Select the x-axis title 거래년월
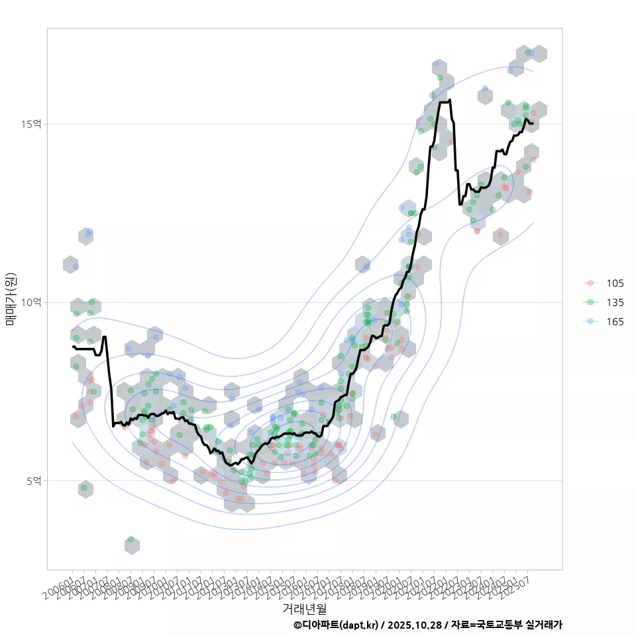(x=304, y=608)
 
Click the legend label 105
(x=615, y=283)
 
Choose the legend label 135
(x=615, y=302)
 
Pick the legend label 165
(x=615, y=321)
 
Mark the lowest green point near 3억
(x=131, y=540)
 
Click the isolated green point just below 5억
(x=84, y=488)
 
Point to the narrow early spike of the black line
(x=105, y=338)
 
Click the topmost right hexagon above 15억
(x=539, y=54)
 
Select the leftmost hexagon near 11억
(x=70, y=264)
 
